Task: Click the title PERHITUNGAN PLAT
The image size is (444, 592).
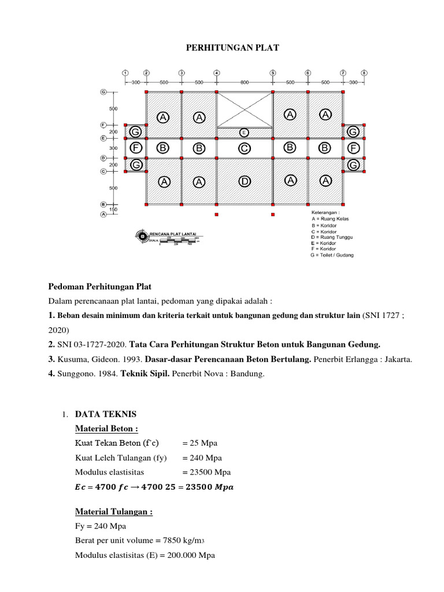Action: coord(232,48)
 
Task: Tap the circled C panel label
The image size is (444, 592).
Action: coord(245,148)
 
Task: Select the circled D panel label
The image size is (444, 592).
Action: coord(245,182)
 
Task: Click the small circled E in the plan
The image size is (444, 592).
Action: coord(244,132)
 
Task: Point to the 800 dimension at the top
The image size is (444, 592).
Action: coord(245,83)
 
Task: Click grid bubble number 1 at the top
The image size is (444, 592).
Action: coord(125,73)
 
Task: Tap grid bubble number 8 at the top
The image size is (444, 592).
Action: coord(364,73)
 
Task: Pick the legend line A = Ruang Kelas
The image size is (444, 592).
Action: coord(330,219)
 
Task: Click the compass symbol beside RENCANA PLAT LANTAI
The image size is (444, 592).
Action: coord(142,235)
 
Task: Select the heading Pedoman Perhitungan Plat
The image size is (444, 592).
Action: coord(99,287)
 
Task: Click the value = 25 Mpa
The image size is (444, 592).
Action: coord(200,443)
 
